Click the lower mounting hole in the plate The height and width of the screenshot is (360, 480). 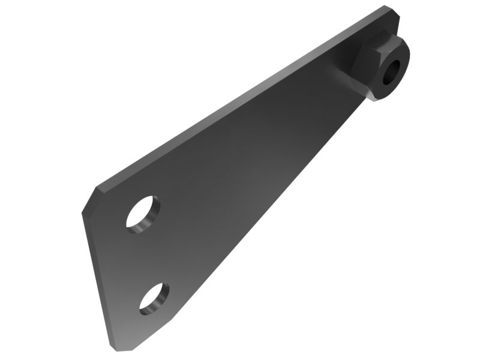pos(154,298)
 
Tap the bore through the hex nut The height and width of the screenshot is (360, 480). pos(390,73)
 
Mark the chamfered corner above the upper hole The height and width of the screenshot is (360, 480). pos(90,197)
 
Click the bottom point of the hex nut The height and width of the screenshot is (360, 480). pos(374,98)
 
